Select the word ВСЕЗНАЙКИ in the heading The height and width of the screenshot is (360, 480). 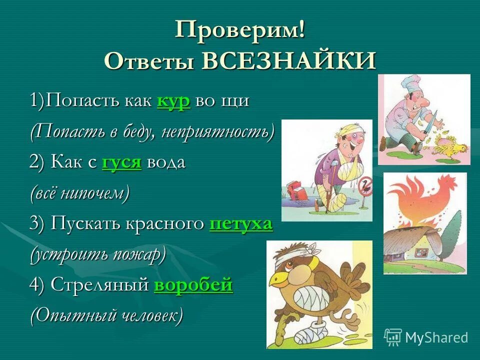[289, 61]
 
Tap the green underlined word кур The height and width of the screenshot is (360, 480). [173, 101]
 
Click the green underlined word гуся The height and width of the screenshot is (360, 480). [121, 162]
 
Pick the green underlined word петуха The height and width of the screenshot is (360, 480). [241, 223]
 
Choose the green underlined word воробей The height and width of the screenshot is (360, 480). [193, 284]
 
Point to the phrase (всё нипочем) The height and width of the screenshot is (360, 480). [79, 193]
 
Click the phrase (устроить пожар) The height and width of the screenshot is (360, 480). [97, 254]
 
